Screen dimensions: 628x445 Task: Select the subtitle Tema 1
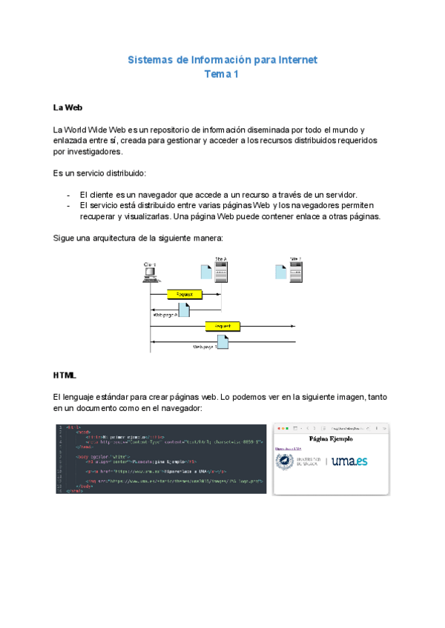coord(222,74)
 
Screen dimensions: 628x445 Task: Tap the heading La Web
coord(67,108)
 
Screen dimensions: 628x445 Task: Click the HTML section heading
coord(65,375)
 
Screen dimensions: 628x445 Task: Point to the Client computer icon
coord(151,273)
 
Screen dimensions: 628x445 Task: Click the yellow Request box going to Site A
coord(184,294)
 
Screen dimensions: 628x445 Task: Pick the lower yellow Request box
coord(222,326)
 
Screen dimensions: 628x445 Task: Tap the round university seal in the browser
coord(286,461)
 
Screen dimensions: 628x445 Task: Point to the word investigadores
coord(88,151)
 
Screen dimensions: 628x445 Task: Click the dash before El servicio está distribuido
coord(68,205)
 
